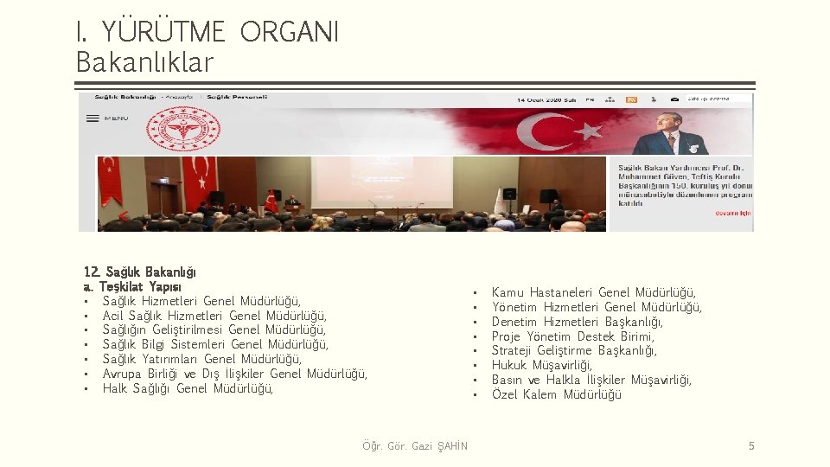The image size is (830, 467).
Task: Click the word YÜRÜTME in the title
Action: [163, 32]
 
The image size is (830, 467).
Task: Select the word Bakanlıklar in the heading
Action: [144, 62]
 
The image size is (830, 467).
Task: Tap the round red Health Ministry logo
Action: [181, 130]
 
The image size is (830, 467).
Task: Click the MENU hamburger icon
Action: [93, 118]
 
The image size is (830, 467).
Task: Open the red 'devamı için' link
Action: [733, 213]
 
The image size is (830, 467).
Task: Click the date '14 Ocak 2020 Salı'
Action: [546, 100]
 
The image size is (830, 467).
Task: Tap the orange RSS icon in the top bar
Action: [632, 100]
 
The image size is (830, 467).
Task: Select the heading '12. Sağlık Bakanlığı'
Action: [139, 272]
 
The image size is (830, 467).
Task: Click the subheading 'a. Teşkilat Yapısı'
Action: [132, 286]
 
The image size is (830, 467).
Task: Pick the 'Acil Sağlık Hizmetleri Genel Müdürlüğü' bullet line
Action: [214, 316]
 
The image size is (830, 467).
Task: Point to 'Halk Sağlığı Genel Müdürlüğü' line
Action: [188, 388]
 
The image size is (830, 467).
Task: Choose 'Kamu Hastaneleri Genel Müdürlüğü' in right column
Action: [593, 293]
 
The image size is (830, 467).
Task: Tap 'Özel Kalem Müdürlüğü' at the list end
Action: [556, 395]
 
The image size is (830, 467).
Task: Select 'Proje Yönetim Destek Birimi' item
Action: [572, 336]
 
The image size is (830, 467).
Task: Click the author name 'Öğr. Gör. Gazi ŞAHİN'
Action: [415, 446]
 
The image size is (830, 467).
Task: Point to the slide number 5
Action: [751, 446]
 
